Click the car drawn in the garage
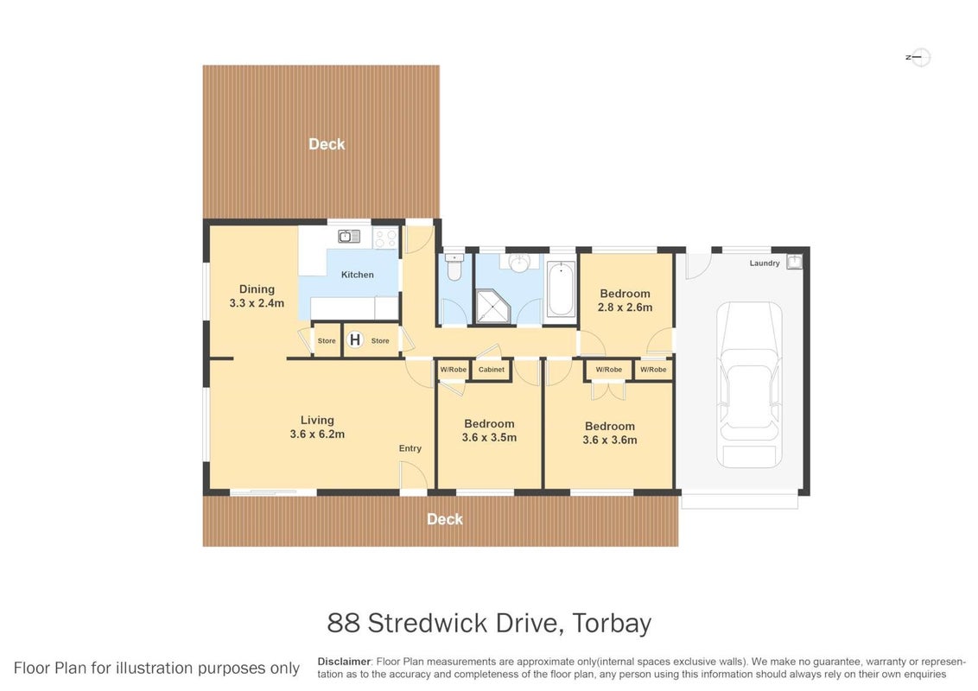coord(748,384)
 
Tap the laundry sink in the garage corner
coord(794,262)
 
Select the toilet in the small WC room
coord(454,267)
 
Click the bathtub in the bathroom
coord(560,289)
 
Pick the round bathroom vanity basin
coord(519,263)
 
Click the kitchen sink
coord(349,237)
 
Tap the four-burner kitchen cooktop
coord(385,238)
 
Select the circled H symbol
coord(355,340)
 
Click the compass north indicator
coord(918,57)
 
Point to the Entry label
coord(410,448)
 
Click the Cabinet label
coord(492,370)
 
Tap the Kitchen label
coord(358,275)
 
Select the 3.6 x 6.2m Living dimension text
coord(317,434)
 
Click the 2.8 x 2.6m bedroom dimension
coord(625,307)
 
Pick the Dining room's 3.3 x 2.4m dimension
coord(257,303)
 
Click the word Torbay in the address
coord(612,623)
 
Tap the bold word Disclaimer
coord(345,662)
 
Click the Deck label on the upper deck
coord(327,144)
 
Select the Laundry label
coord(765,263)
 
